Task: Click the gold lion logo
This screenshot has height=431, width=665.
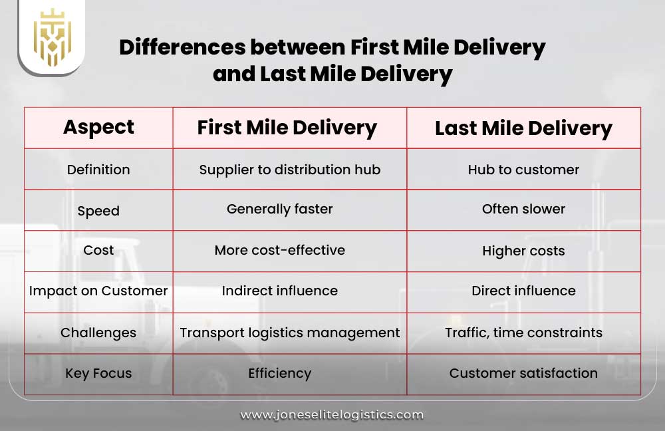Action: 51,37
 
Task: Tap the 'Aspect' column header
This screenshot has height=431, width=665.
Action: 98,127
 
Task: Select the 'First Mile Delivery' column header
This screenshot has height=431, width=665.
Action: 287,128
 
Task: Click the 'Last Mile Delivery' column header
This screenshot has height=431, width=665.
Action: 523,128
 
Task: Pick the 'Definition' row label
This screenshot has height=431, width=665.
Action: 98,170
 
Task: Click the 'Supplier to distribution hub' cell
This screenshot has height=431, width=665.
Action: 290,170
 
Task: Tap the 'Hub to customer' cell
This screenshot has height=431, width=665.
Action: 523,170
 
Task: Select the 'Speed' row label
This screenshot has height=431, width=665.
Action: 98,211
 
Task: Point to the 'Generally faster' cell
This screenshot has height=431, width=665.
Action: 279,209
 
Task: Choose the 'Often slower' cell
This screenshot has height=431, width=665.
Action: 523,209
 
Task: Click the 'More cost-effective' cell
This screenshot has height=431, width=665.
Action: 279,250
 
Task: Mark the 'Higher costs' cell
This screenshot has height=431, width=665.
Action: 523,251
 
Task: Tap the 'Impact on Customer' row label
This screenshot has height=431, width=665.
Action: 98,291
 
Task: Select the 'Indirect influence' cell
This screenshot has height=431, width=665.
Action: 279,291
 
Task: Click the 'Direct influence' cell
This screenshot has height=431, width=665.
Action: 523,291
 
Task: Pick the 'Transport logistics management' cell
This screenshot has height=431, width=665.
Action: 290,332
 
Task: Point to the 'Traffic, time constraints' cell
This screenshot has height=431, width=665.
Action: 523,332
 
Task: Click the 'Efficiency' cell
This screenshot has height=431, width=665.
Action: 279,373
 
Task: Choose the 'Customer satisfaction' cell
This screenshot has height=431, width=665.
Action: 523,373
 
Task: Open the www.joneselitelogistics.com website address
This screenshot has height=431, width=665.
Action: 332,414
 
